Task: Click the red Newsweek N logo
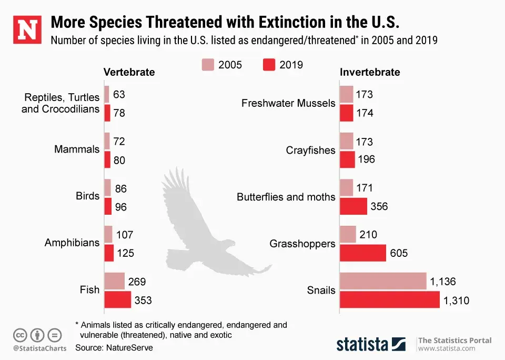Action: coord(26,30)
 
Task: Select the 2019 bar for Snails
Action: coord(389,300)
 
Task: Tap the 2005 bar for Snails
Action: coord(382,282)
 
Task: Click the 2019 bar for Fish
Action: coord(117,300)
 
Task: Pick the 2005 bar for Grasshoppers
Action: coord(348,234)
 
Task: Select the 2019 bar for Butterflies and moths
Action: coord(353,206)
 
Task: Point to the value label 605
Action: coord(399,253)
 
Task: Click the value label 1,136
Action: coord(443,282)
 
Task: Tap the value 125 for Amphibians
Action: coord(125,253)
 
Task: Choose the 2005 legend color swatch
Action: coord(208,65)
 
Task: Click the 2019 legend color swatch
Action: coord(268,65)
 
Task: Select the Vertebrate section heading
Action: coord(129,72)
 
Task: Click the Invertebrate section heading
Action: coord(370,72)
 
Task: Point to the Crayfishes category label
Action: coord(310,151)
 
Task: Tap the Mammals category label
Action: coord(77,149)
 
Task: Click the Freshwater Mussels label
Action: coord(288,103)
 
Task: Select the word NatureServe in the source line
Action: coord(129,347)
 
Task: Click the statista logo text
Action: coord(363,344)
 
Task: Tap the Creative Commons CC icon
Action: coord(21,335)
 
